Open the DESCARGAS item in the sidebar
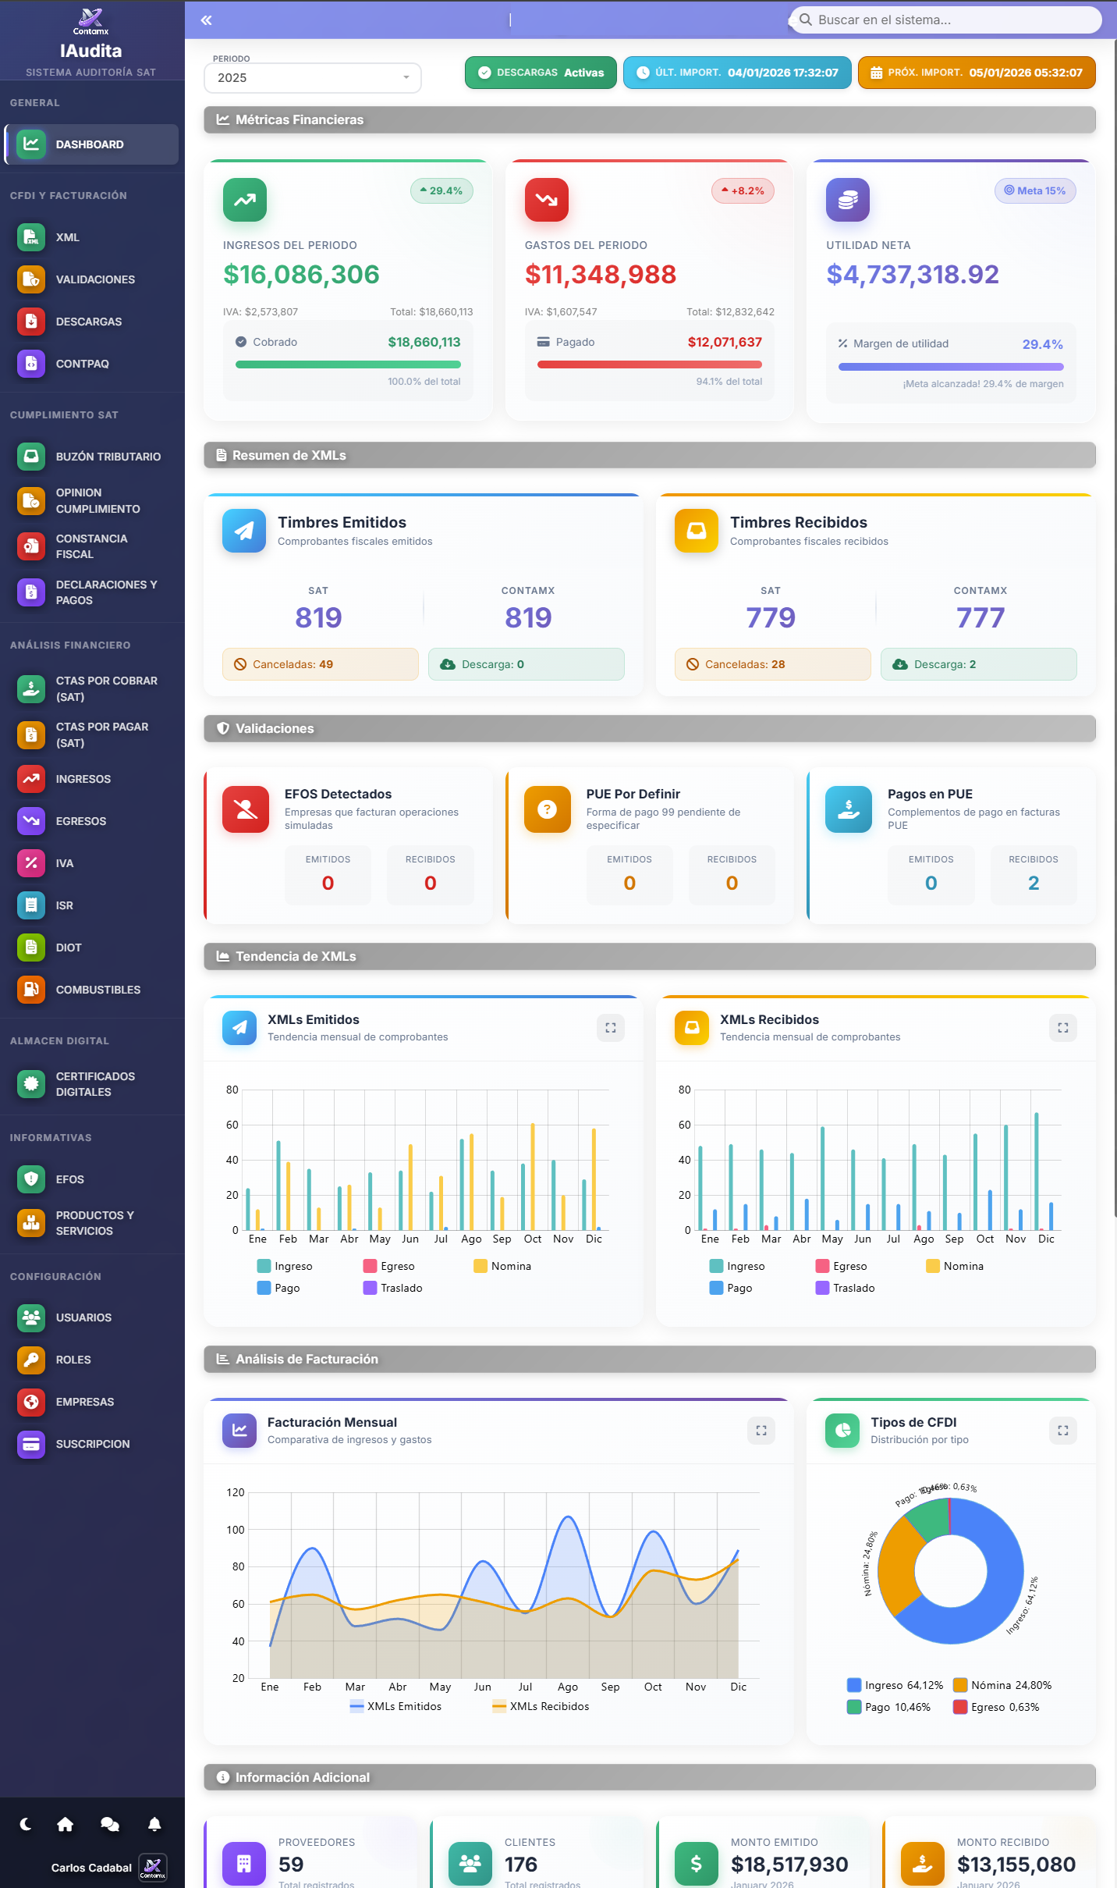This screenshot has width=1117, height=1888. point(88,322)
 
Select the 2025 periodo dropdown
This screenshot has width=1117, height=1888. point(312,78)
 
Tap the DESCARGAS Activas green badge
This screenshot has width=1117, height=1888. point(541,73)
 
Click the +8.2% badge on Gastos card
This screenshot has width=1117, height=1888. point(743,191)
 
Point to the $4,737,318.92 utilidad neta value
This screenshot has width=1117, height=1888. point(912,275)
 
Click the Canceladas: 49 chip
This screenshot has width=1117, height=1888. point(320,664)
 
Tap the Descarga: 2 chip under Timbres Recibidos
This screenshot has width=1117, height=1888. point(978,664)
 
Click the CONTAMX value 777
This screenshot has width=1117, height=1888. point(980,617)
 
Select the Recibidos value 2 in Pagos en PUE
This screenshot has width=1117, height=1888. point(1033,883)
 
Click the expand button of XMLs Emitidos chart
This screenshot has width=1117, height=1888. point(611,1028)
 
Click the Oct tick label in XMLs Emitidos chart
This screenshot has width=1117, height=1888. point(533,1239)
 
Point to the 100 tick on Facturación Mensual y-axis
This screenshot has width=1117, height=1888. point(236,1530)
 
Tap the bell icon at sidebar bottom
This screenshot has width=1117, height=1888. point(154,1824)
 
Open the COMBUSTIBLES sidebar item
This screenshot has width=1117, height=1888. point(98,990)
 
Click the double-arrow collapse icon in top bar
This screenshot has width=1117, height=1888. point(206,20)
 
